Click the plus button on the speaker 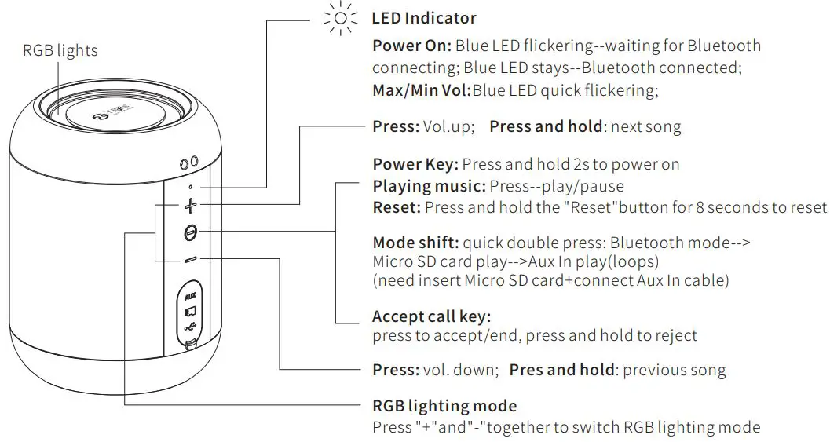190,207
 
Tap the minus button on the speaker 190,259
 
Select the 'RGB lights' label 60,50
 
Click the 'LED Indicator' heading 424,18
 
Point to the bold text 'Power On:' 411,46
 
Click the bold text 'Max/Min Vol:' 422,90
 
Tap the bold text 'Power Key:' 415,164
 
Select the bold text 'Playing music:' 429,186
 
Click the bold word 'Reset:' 397,207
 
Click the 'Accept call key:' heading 431,316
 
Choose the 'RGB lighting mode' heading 444,406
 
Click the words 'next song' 645,126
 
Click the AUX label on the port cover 190,297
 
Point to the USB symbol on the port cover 190,328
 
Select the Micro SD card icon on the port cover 190,312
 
